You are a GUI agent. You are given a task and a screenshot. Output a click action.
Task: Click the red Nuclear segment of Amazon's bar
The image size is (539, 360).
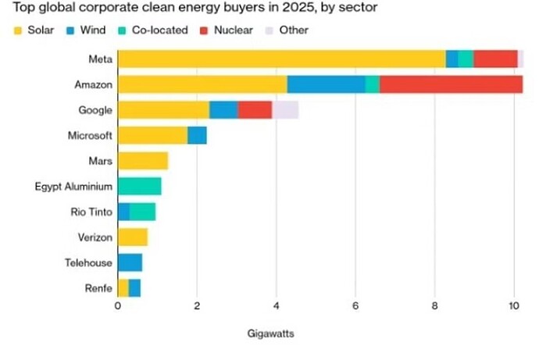[451, 84]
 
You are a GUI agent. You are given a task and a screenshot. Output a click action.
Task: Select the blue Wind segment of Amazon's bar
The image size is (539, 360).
[326, 84]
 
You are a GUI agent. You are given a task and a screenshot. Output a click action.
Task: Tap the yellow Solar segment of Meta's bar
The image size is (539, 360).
[281, 59]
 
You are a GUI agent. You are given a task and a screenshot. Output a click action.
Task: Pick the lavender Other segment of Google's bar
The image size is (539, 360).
[285, 110]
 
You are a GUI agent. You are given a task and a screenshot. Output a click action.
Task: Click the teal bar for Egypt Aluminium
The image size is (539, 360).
[139, 186]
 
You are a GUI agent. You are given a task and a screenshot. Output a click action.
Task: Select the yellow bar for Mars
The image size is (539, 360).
[142, 161]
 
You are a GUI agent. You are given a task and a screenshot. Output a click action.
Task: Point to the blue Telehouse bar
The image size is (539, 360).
[130, 262]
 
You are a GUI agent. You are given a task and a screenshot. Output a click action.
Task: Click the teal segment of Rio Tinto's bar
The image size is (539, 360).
[142, 212]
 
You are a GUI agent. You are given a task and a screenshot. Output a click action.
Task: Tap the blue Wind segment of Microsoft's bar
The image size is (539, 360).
[198, 135]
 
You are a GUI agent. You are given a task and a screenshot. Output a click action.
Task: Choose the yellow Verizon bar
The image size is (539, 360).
[132, 237]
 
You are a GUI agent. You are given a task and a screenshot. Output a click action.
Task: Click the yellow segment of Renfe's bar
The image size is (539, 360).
[123, 288]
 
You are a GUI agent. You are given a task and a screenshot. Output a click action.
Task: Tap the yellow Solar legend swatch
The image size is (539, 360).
[16, 30]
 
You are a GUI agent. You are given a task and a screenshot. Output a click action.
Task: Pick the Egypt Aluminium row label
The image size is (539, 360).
[75, 186]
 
